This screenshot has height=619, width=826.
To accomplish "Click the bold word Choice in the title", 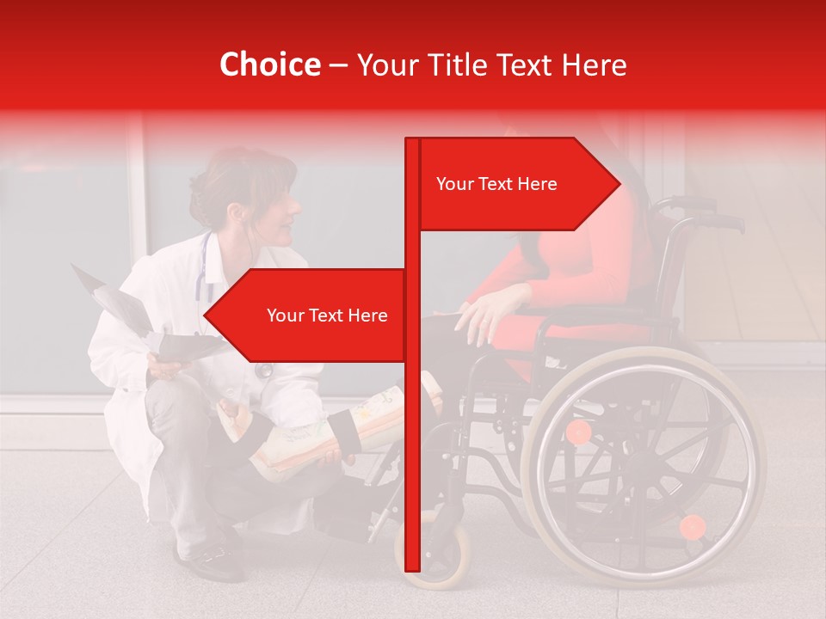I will click(269, 65).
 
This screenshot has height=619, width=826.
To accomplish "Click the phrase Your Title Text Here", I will click(491, 65).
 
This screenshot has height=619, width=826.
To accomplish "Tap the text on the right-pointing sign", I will click(496, 184).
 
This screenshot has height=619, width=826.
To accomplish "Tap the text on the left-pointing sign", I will click(327, 316).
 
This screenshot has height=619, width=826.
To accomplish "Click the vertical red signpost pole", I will click(412, 430).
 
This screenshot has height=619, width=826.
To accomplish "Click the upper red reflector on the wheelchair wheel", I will click(579, 432).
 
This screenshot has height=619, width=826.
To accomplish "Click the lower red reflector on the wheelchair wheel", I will click(692, 527).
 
